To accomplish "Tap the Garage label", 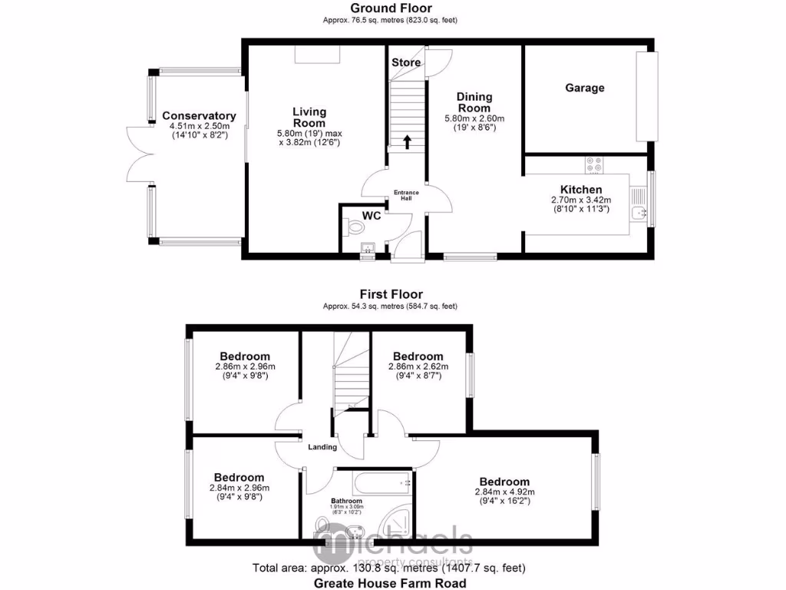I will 585,88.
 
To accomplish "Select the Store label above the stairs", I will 406,62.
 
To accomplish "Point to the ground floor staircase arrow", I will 407,141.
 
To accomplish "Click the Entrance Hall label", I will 407,195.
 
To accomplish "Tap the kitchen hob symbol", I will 593,164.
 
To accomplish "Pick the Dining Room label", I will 474,102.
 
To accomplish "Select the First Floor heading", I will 391,294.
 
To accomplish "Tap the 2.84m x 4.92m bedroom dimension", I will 504,492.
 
